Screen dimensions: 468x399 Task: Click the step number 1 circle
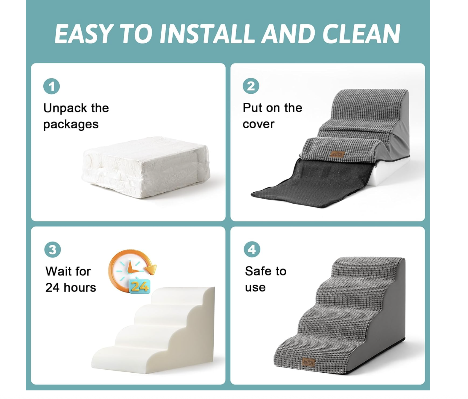[x=51, y=86]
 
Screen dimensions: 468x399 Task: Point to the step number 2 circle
[x=251, y=86]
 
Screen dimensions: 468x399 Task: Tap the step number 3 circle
[x=52, y=250]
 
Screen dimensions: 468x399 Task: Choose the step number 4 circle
[x=252, y=249]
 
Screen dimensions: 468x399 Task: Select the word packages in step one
[x=71, y=125]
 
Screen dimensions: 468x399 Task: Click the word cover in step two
[x=258, y=124]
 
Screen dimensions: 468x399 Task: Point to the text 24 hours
[x=71, y=288]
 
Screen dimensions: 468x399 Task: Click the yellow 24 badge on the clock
[x=140, y=287]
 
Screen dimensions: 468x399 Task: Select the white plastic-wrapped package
[x=146, y=167]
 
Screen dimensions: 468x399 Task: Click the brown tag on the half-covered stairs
[x=338, y=154]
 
